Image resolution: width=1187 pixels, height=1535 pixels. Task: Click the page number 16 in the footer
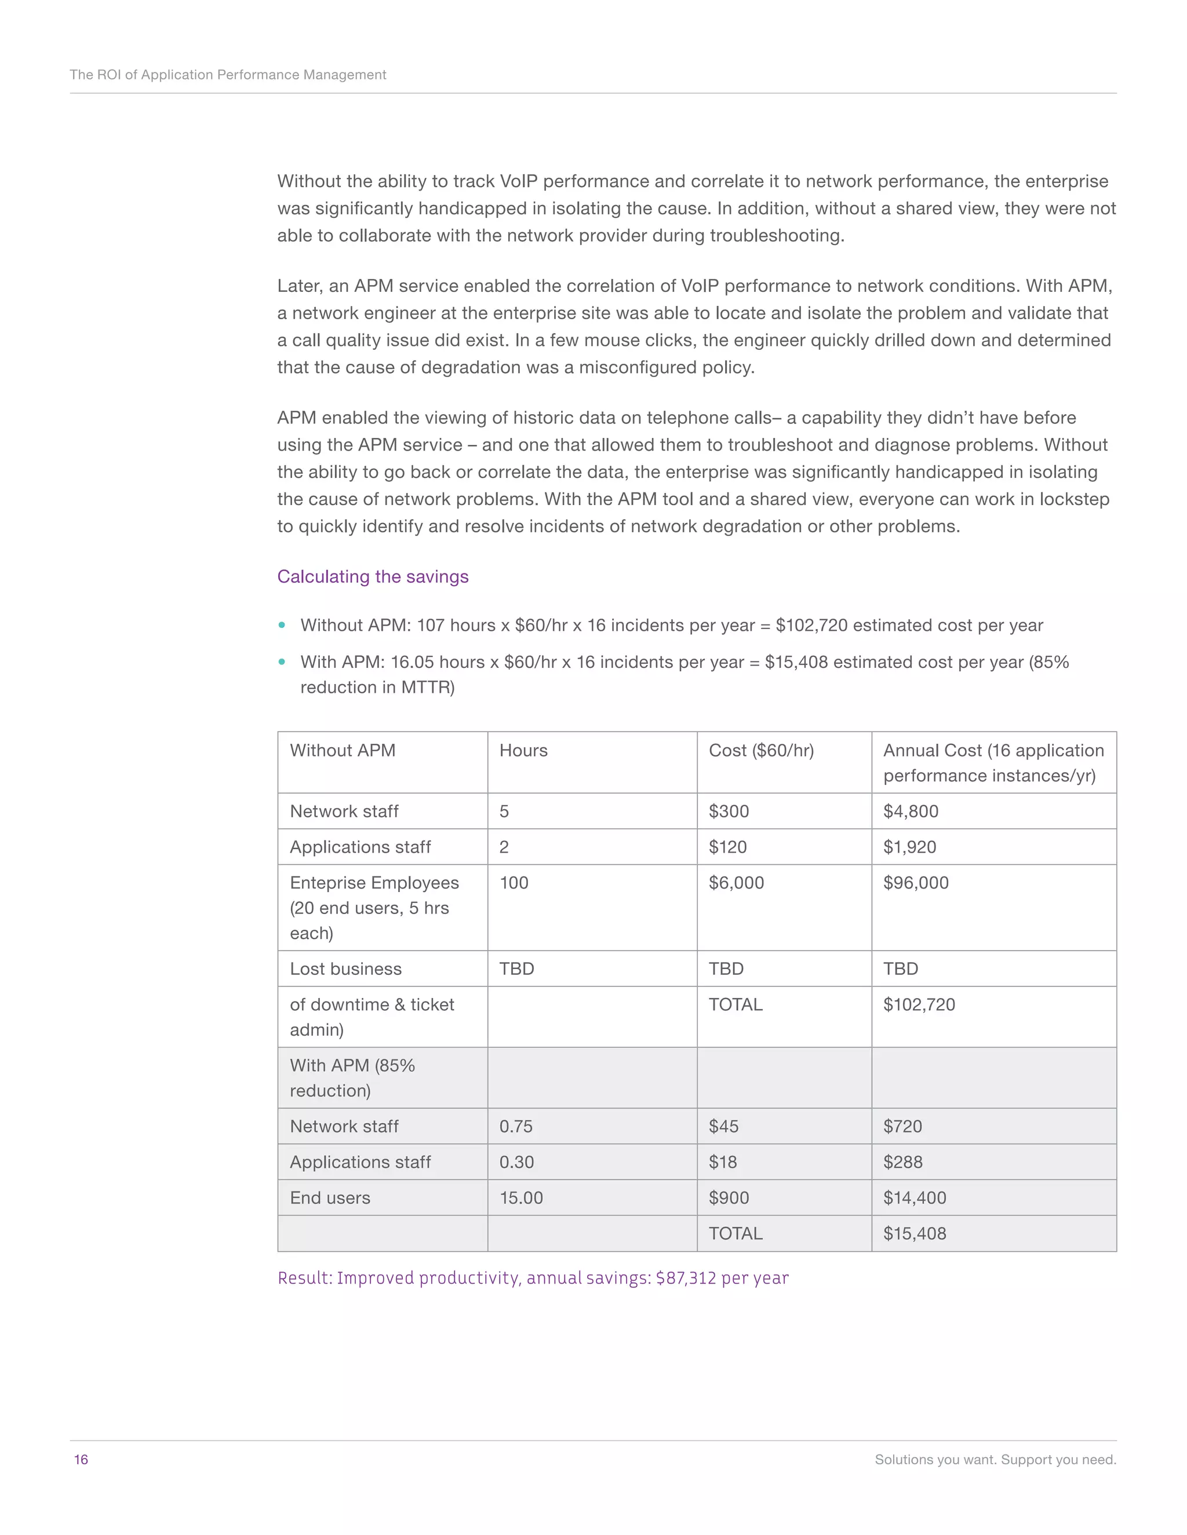[x=81, y=1460]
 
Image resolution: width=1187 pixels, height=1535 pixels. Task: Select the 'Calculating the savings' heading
[x=372, y=576]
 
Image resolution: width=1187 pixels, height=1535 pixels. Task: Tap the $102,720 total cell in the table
[x=919, y=1004]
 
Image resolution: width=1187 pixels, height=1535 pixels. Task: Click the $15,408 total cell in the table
[x=914, y=1233]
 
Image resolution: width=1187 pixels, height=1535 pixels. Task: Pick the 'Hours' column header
[x=523, y=751]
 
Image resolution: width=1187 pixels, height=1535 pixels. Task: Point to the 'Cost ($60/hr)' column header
[x=761, y=751]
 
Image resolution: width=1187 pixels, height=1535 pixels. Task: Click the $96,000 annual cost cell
[x=916, y=883]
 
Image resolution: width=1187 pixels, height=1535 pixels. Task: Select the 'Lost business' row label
[x=345, y=968]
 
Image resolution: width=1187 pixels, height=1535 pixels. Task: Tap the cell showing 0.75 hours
[x=515, y=1126]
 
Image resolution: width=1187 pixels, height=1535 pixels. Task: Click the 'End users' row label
[x=330, y=1198]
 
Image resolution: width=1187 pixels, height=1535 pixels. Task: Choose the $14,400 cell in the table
[x=914, y=1198]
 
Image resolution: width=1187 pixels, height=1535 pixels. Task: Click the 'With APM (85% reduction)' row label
[x=352, y=1077]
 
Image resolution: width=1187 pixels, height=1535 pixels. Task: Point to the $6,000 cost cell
[x=735, y=883]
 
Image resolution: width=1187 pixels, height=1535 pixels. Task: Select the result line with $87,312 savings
[x=532, y=1278]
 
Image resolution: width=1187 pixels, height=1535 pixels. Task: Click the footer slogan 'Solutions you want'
[x=995, y=1460]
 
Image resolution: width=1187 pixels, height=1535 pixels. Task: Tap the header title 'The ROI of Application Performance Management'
[x=228, y=75]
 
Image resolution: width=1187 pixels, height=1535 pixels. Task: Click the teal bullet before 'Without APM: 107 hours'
[x=282, y=625]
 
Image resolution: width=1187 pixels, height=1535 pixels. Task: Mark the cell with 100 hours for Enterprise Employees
[x=514, y=883]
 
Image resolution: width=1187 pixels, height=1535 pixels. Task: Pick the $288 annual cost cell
[x=902, y=1162]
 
